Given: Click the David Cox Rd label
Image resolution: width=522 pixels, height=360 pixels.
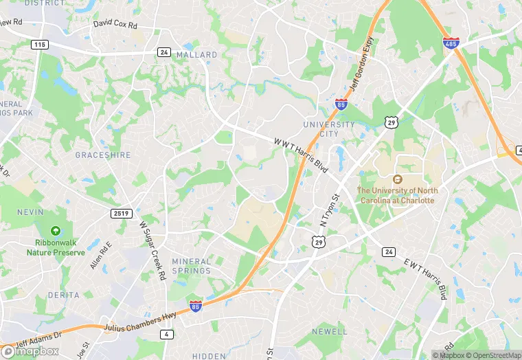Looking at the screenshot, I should pyautogui.click(x=115, y=25).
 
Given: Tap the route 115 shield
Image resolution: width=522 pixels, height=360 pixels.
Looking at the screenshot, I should pyautogui.click(x=39, y=44).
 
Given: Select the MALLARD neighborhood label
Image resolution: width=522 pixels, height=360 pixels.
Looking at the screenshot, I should pyautogui.click(x=196, y=54).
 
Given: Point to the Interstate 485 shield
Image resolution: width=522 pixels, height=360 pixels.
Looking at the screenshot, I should pyautogui.click(x=451, y=43).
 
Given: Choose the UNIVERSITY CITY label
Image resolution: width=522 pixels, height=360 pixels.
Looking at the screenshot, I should pyautogui.click(x=330, y=130).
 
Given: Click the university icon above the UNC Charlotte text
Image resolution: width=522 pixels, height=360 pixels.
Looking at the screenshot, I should pyautogui.click(x=396, y=179).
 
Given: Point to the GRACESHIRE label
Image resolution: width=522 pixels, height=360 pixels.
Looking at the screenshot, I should pyautogui.click(x=102, y=155).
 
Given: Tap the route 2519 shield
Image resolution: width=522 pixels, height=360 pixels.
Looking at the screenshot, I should pyautogui.click(x=120, y=214).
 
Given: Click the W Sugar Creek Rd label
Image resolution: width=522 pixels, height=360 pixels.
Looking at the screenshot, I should pyautogui.click(x=152, y=250).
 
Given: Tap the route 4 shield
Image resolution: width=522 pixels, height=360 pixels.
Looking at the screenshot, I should pyautogui.click(x=166, y=335).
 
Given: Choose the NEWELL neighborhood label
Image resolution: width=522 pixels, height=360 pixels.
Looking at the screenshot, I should pyautogui.click(x=330, y=331).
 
